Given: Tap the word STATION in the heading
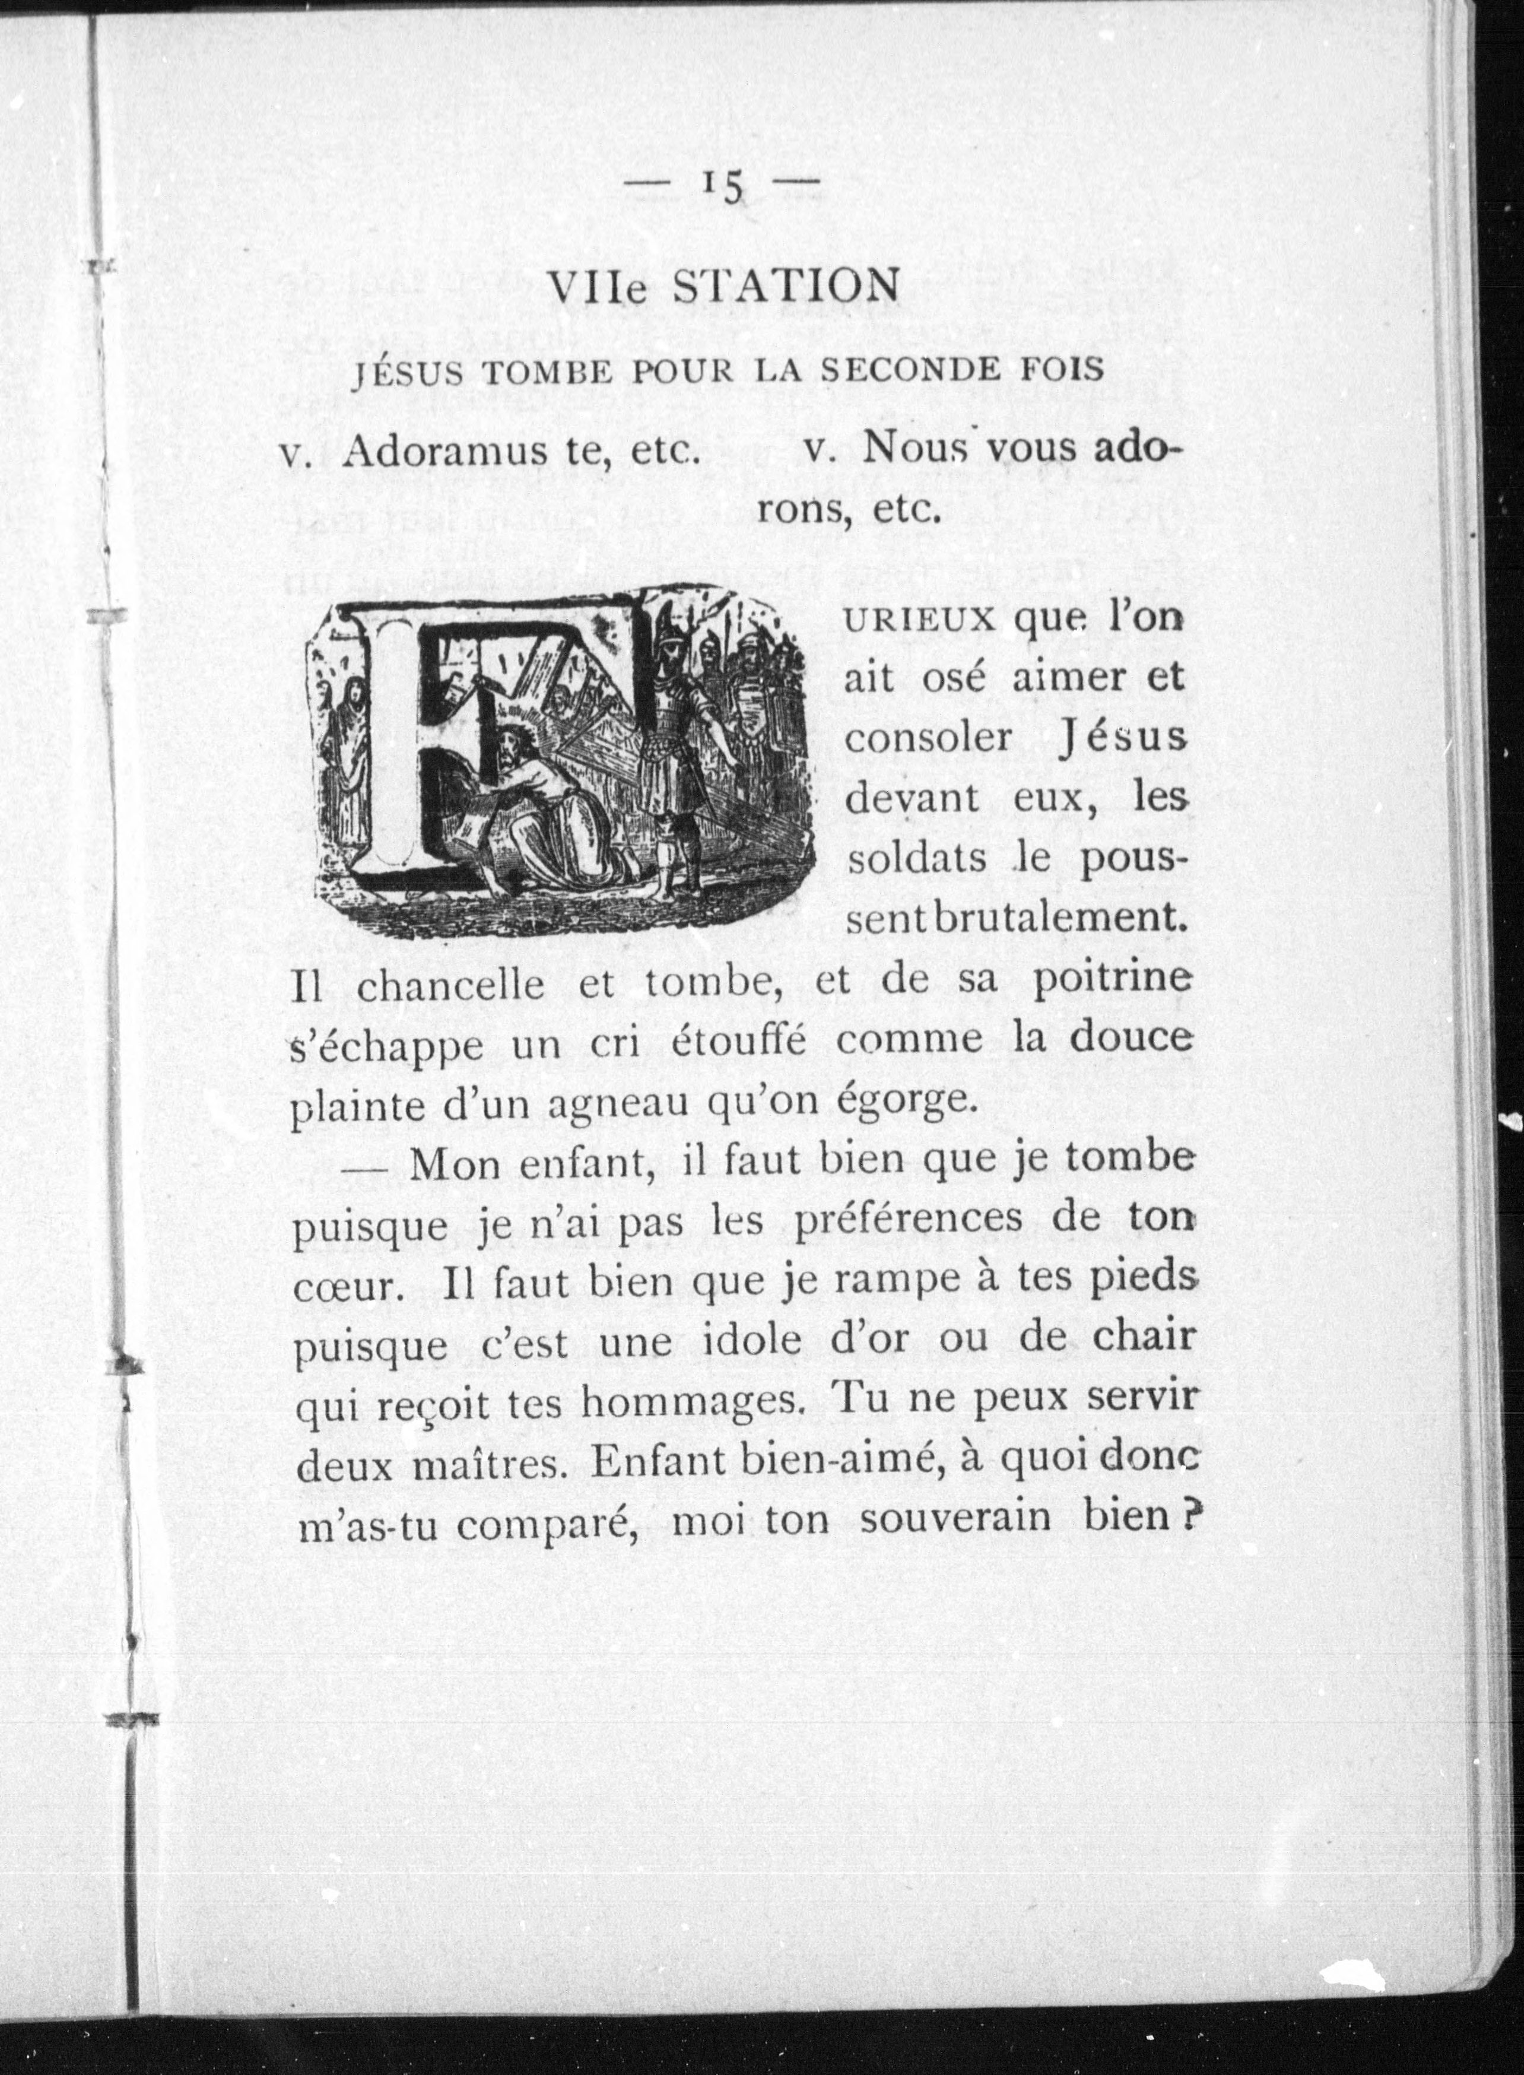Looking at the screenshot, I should (783, 287).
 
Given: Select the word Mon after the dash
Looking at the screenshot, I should (455, 1165).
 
